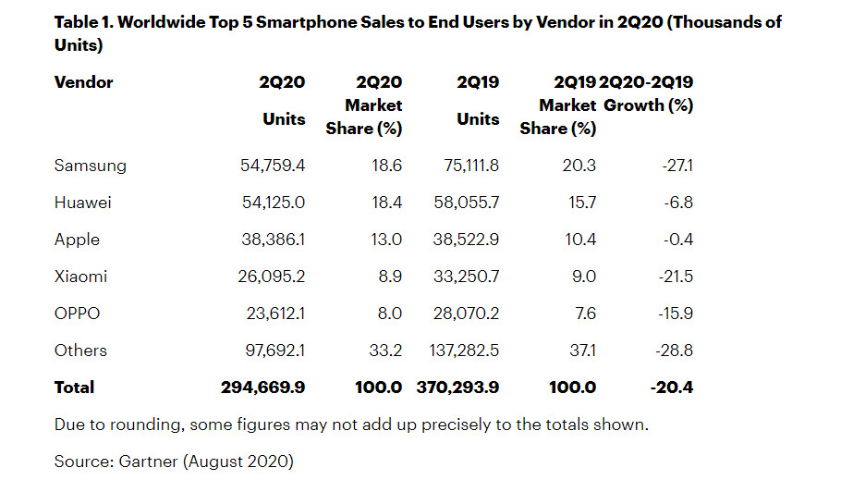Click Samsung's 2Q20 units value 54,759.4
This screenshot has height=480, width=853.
click(272, 166)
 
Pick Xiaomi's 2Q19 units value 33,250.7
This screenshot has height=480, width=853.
click(465, 277)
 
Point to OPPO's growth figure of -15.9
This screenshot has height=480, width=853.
click(672, 314)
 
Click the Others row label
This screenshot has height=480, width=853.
click(80, 351)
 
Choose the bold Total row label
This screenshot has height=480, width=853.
click(74, 388)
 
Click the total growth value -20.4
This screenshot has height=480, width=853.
click(670, 388)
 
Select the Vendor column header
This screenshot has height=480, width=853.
click(83, 82)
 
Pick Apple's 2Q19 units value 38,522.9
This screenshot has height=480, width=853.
click(465, 240)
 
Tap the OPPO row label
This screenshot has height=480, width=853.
click(77, 314)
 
